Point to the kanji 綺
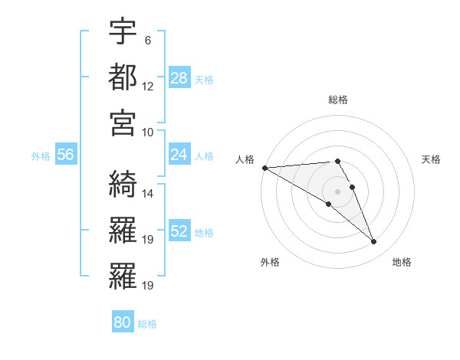click(123, 185)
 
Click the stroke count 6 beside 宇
click(147, 40)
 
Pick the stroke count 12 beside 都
click(148, 86)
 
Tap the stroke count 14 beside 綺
click(148, 194)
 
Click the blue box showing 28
click(179, 77)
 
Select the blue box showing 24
click(179, 155)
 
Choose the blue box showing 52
click(179, 231)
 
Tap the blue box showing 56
click(65, 155)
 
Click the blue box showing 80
click(123, 322)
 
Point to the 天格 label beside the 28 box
click(203, 79)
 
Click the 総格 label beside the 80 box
click(147, 324)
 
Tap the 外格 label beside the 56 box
click(41, 156)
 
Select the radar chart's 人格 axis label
click(245, 159)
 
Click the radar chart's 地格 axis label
click(402, 262)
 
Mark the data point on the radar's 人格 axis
click(264, 168)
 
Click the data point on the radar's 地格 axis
click(374, 242)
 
